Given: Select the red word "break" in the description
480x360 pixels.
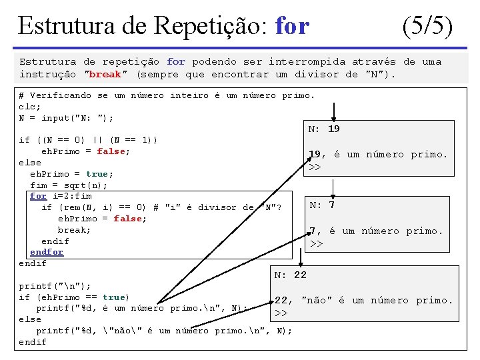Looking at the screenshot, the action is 105,74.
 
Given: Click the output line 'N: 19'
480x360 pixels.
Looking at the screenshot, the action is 324,129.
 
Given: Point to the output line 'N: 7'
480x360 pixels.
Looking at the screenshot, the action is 323,205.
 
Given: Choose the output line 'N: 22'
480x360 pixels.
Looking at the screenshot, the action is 291,275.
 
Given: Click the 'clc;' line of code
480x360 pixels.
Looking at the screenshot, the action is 30,107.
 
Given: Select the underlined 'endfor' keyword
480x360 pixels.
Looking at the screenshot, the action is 47,252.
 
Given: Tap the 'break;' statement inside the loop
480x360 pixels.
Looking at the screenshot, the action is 75,229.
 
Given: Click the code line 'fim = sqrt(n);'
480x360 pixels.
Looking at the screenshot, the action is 69,185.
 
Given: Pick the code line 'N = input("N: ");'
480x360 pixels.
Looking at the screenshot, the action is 66,118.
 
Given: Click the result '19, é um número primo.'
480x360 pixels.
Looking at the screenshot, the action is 378,154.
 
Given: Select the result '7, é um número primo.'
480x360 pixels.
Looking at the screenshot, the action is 376,231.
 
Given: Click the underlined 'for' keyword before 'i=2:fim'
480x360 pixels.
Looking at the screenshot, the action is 38,196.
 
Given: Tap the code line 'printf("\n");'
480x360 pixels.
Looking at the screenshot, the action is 55,285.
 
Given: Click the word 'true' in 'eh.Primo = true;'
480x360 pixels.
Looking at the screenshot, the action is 99,173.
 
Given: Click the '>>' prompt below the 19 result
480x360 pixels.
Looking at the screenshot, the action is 315,167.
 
